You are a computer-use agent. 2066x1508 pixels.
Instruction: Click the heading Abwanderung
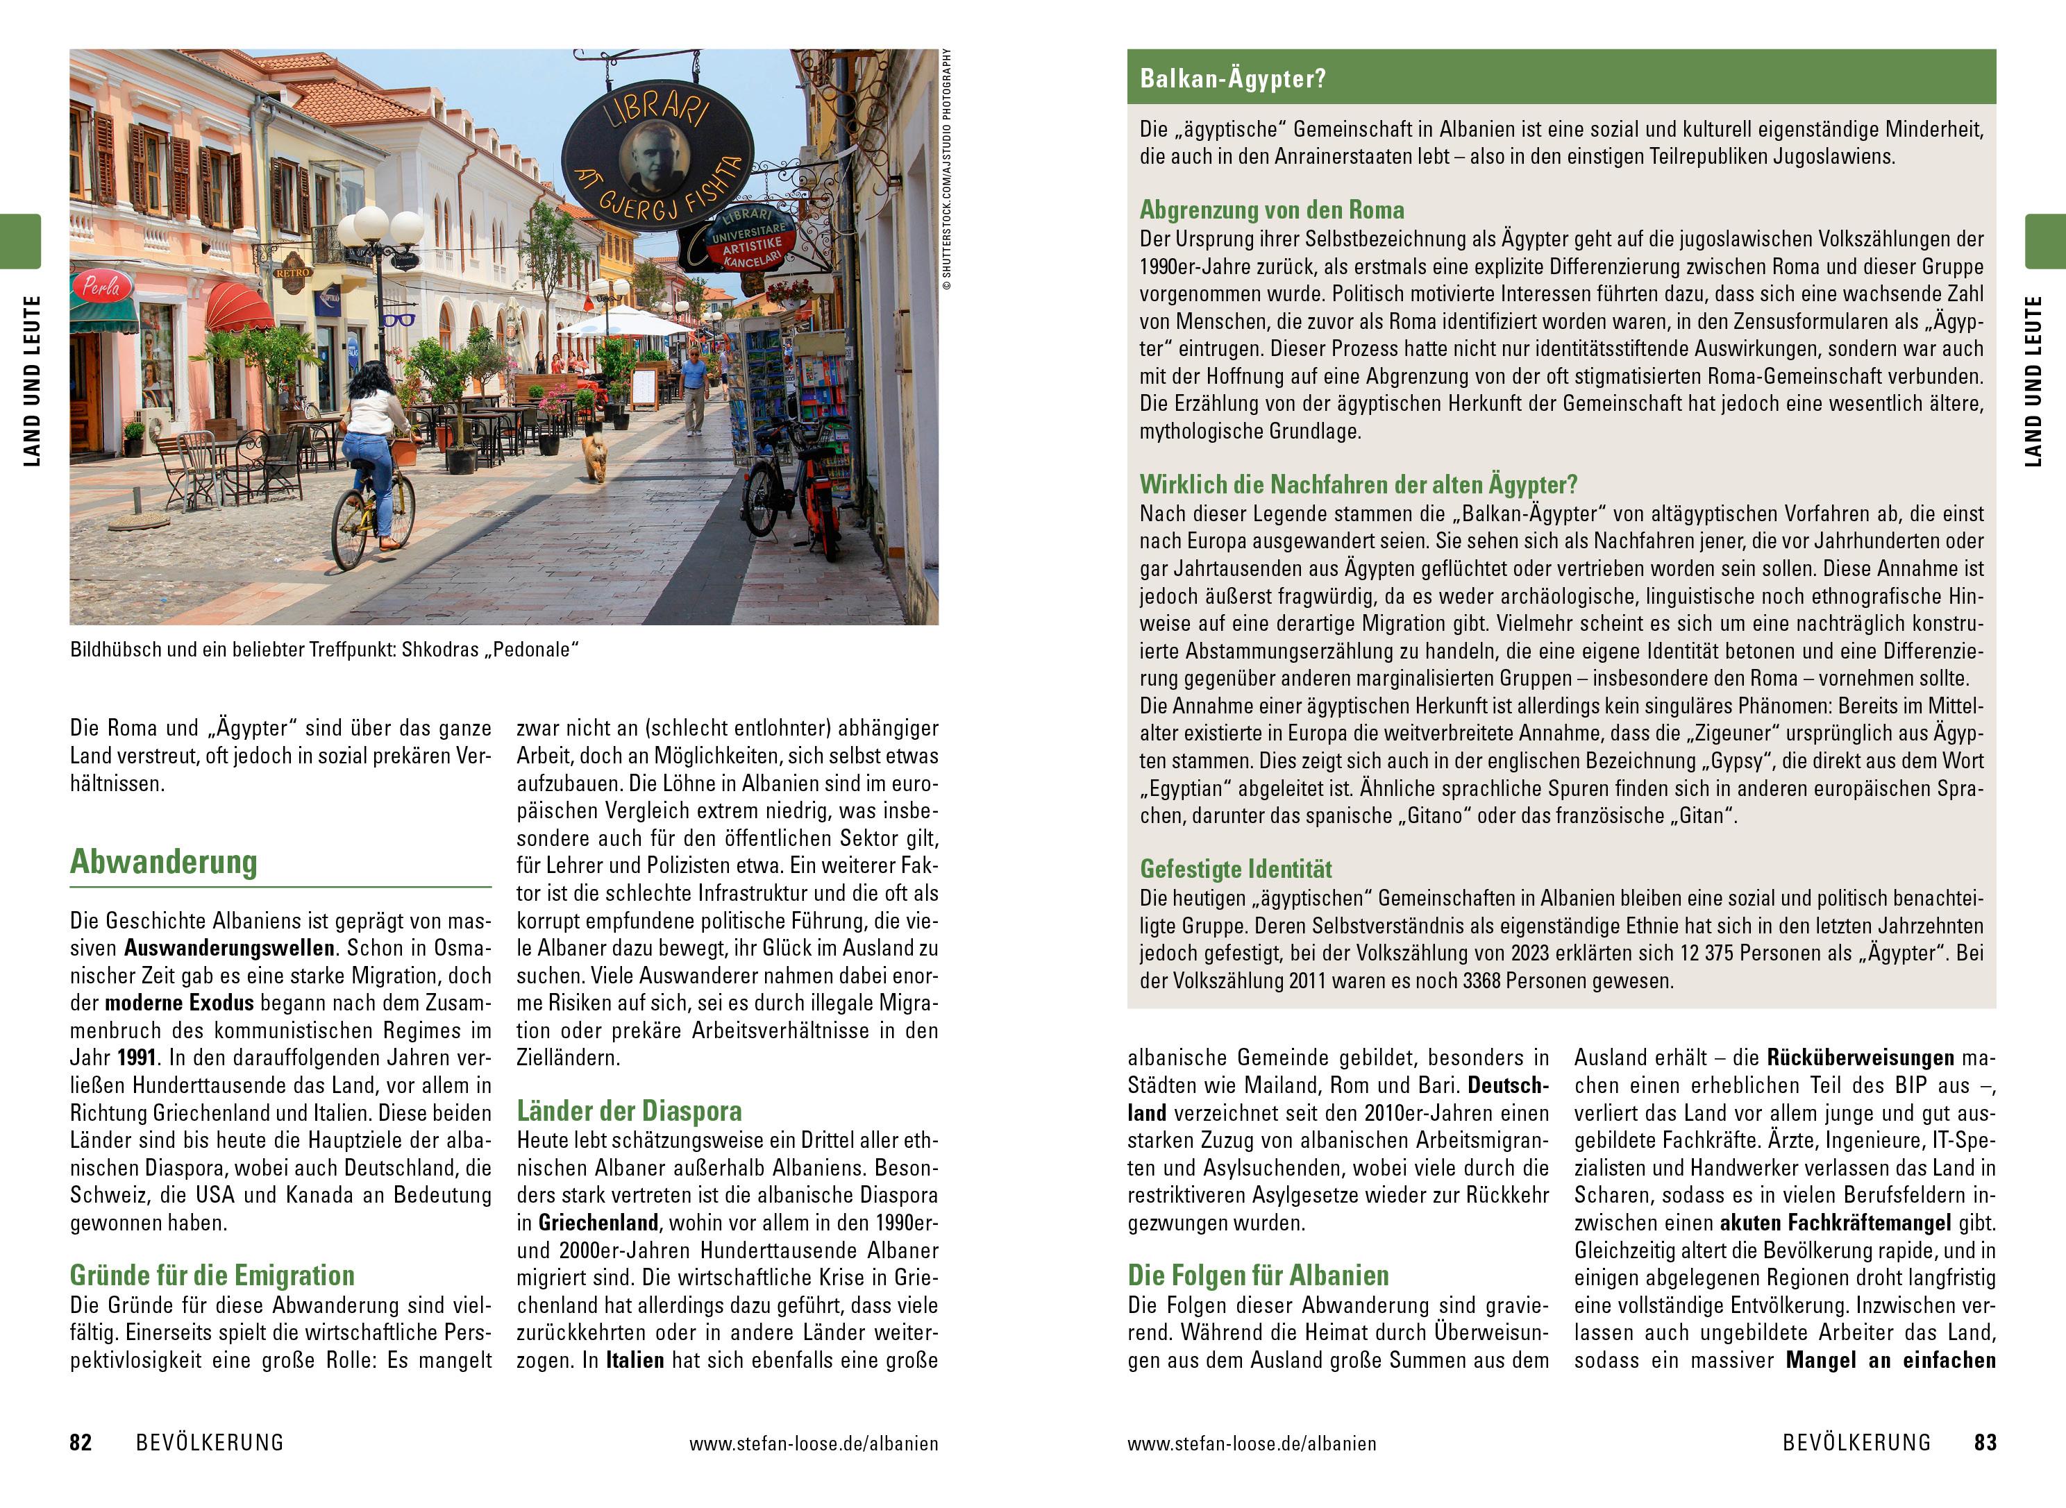click(x=165, y=862)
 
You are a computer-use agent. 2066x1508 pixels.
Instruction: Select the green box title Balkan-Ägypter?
click(x=1232, y=78)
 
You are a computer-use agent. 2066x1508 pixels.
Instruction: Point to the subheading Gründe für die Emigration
click(x=212, y=1276)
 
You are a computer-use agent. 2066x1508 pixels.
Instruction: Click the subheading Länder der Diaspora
click(x=629, y=1111)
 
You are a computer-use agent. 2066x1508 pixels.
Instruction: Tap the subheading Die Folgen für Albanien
click(x=1258, y=1276)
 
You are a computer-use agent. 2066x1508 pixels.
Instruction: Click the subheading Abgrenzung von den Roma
click(x=1272, y=210)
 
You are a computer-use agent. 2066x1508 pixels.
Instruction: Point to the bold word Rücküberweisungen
click(x=1861, y=1058)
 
